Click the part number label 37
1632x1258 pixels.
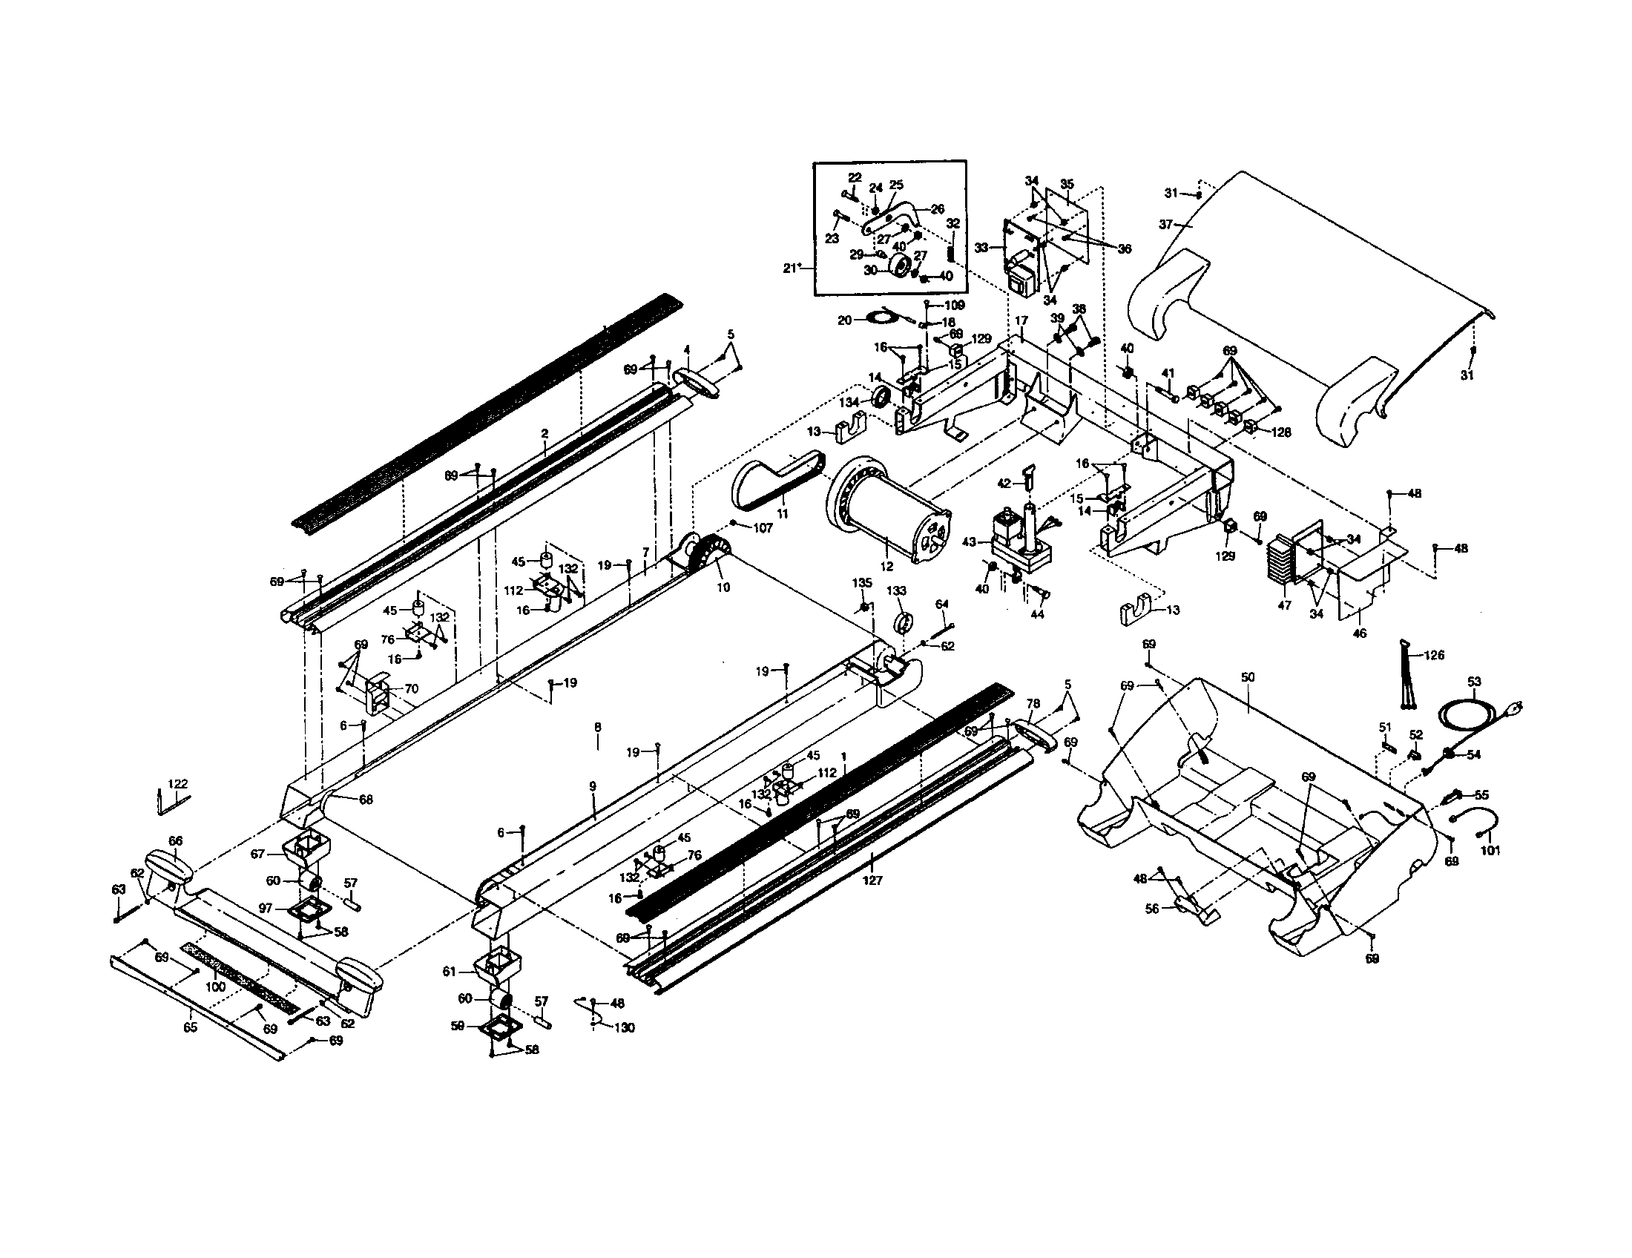(1165, 223)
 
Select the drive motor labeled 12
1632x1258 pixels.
(889, 508)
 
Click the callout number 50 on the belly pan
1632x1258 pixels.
(1247, 677)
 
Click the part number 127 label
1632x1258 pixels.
(872, 880)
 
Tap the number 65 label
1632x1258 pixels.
(190, 1028)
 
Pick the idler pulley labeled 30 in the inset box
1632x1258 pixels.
(900, 266)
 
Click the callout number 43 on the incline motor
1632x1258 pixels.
(970, 542)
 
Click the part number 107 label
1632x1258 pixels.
(762, 528)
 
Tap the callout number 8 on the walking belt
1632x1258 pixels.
(597, 726)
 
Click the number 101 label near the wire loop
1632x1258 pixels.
(1490, 851)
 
